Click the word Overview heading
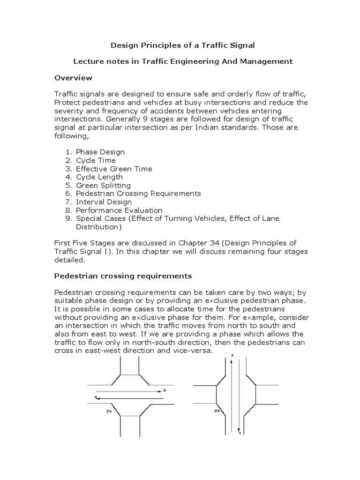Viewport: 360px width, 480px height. click(73, 77)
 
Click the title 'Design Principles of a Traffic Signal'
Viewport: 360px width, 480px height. click(182, 45)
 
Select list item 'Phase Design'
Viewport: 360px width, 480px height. click(100, 152)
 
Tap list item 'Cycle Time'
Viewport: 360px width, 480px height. click(97, 160)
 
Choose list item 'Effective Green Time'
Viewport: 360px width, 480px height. click(114, 169)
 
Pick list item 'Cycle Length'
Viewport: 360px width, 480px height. click(99, 177)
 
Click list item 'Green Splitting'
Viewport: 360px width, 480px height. click(103, 185)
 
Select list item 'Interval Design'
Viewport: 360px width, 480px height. click(104, 202)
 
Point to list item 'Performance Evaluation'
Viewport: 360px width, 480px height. click(119, 210)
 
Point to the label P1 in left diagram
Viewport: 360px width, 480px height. click(109, 411)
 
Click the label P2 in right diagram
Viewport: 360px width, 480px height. click(217, 411)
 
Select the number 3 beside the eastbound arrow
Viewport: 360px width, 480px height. click(165, 390)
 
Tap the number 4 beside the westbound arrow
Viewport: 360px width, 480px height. click(96, 397)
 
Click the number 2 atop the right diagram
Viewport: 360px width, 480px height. click(231, 356)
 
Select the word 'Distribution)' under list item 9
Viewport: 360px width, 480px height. click(98, 227)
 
